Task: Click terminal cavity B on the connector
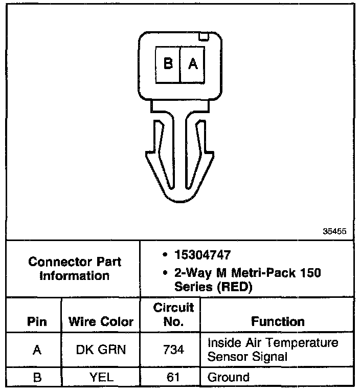168,63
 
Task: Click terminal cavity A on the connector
193,63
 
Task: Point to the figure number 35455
335,231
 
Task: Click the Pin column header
36,322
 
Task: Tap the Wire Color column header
101,322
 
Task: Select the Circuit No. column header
173,314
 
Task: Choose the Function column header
278,321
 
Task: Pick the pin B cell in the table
36,378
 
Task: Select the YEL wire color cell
100,378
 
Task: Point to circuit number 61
173,378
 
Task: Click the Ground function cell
228,378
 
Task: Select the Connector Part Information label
75,268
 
